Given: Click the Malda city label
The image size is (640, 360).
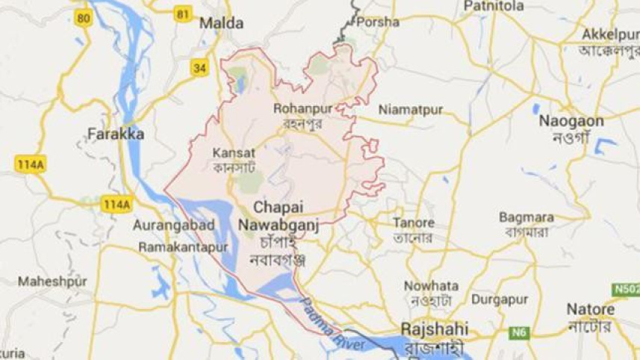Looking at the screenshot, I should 221,23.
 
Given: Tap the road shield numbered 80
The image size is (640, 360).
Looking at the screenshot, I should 84,18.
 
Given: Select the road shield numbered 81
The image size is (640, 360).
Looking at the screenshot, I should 181,13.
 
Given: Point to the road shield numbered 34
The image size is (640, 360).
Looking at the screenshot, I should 199,68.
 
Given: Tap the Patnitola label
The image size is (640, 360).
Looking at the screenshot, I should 493,6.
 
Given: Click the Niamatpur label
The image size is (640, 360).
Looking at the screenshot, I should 410,110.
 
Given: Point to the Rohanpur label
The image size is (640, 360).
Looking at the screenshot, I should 303,108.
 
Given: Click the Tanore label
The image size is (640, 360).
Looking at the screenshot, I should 414,223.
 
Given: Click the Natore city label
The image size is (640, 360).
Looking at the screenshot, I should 590,308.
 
